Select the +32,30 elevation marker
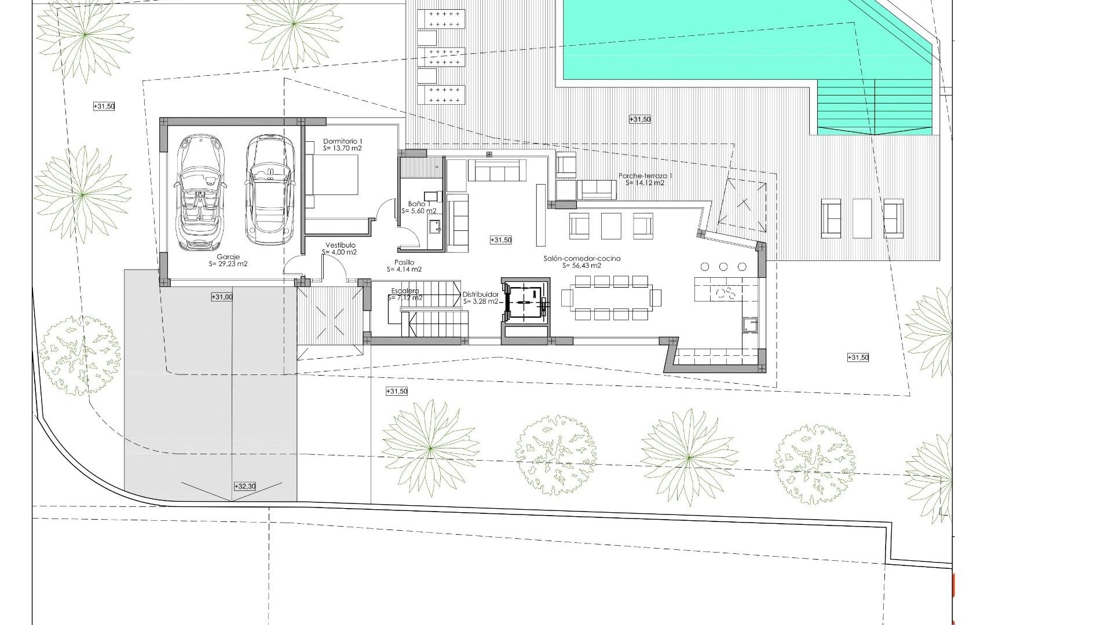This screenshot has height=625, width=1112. pyautogui.click(x=244, y=487)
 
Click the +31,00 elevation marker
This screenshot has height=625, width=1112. pyautogui.click(x=222, y=297)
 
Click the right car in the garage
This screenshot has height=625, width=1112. pyautogui.click(x=268, y=189)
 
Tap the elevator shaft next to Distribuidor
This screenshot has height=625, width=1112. pyautogui.click(x=525, y=302)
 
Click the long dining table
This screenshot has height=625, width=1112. pyautogui.click(x=611, y=298)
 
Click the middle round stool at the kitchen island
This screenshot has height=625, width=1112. pyautogui.click(x=723, y=267)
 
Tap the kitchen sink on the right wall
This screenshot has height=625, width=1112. pyautogui.click(x=750, y=325)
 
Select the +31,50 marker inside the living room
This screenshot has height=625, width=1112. pyautogui.click(x=501, y=240)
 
